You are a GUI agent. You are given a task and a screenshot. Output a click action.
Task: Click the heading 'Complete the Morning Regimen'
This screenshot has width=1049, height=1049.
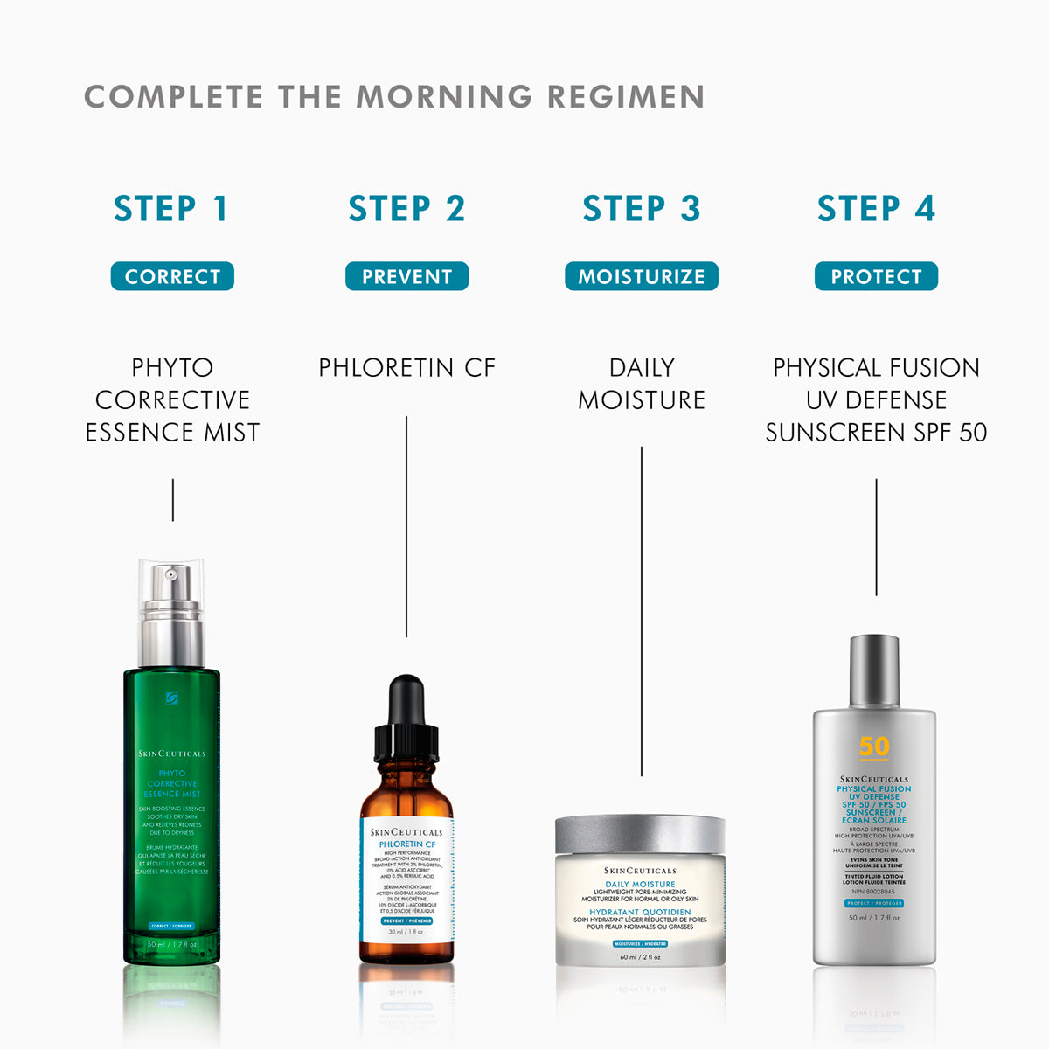coord(394,97)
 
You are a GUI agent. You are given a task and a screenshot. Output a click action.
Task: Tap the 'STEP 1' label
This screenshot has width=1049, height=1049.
coord(171,209)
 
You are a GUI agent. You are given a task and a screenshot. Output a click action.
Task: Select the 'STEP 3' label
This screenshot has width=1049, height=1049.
coord(642,209)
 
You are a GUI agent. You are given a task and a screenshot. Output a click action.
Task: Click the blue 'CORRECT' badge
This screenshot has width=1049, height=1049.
coord(172,276)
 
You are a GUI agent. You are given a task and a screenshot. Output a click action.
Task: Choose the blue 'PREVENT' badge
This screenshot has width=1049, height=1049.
coord(406,276)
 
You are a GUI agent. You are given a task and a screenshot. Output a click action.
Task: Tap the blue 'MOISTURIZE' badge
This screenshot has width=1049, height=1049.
coord(642,276)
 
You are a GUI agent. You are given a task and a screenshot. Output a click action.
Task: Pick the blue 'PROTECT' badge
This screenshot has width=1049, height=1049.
coord(876,276)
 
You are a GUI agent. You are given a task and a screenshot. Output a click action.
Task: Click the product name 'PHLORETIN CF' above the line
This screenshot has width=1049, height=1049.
coord(406,368)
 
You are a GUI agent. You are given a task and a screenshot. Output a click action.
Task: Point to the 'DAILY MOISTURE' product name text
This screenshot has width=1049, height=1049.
coord(642,384)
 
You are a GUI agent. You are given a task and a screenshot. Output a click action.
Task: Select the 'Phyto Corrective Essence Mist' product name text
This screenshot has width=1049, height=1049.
coord(172,399)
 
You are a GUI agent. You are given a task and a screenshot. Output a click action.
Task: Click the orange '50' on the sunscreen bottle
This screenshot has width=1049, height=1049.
coord(874,746)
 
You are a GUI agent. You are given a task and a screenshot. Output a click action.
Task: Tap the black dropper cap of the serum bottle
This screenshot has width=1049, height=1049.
coord(406,717)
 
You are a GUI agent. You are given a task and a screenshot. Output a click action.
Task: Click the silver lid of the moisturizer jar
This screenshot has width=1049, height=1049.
coord(640,834)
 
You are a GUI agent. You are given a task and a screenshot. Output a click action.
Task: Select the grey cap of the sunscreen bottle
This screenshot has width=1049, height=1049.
coord(874,671)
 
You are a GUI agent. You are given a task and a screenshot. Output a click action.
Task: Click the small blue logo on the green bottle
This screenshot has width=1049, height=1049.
coord(171,698)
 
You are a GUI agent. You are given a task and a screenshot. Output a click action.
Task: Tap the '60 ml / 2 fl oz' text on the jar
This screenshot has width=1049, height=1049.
coord(640,956)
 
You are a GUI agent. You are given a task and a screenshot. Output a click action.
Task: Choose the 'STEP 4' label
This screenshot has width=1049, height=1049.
coord(876,209)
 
